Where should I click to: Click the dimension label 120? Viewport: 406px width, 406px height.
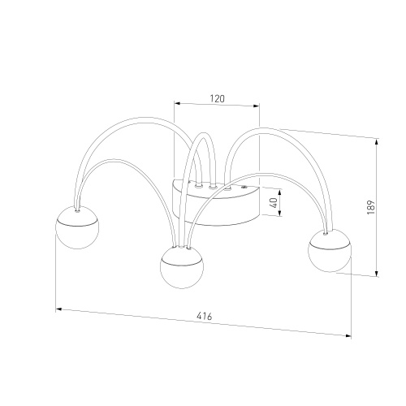tap(218, 98)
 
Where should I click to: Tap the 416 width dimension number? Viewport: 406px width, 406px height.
tap(205, 316)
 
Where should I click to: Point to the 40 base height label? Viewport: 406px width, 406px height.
tap(274, 203)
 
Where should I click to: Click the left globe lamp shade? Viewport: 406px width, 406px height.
tap(77, 227)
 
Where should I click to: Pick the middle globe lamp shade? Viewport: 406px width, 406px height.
tap(182, 267)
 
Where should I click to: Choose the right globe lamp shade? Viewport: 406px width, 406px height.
tap(330, 250)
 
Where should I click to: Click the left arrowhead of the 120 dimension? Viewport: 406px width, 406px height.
tap(177, 103)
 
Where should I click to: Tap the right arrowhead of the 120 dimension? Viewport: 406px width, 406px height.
tap(256, 106)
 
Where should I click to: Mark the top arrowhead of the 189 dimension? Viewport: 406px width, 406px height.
tap(377, 142)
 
